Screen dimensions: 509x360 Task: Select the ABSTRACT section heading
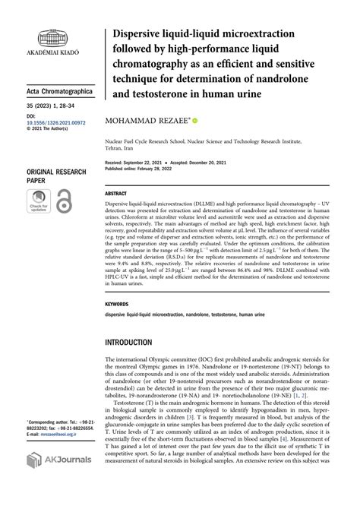pyautogui.click(x=116, y=194)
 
